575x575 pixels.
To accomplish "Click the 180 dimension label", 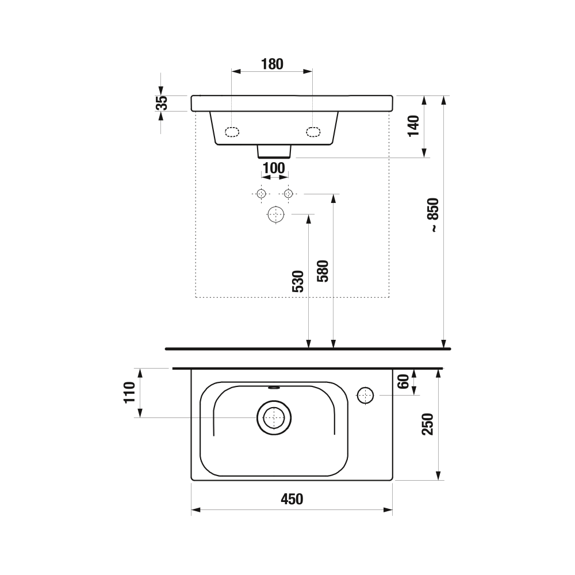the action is [272, 64].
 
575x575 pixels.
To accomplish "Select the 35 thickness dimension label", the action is [162, 103].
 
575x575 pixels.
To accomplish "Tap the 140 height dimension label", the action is [413, 126].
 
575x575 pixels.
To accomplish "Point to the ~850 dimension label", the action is [434, 215].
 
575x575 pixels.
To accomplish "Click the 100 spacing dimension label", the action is [274, 168].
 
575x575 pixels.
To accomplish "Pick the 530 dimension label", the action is [298, 281].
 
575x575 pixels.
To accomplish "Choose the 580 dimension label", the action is [323, 271].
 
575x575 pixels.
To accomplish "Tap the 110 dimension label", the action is [129, 392].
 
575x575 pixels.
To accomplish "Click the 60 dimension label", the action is [403, 382].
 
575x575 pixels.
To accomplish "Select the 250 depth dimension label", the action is [428, 424].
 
